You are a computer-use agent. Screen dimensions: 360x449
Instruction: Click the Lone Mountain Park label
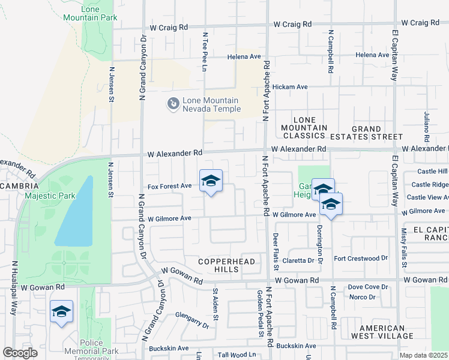click(x=91, y=13)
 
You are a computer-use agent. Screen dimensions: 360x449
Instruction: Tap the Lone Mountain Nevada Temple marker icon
click(x=173, y=104)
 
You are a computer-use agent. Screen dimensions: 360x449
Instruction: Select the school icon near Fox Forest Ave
click(x=211, y=181)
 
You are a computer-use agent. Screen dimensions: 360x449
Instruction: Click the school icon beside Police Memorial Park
click(x=61, y=312)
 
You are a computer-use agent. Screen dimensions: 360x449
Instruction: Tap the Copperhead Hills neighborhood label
click(x=228, y=266)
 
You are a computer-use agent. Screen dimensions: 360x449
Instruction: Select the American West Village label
click(x=382, y=332)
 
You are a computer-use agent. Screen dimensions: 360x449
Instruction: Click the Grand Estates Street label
click(x=366, y=133)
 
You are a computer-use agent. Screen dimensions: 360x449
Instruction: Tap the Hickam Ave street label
click(x=290, y=87)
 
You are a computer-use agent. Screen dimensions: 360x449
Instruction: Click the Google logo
click(x=20, y=353)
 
